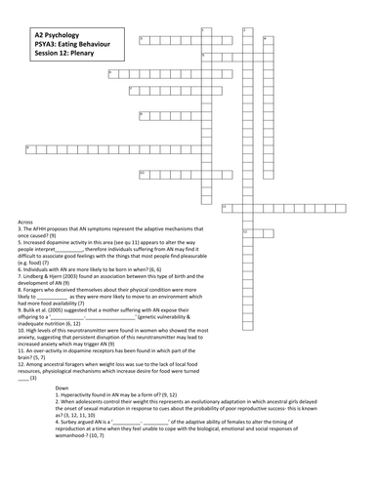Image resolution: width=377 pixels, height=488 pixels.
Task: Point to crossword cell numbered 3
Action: [x=143, y=40]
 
